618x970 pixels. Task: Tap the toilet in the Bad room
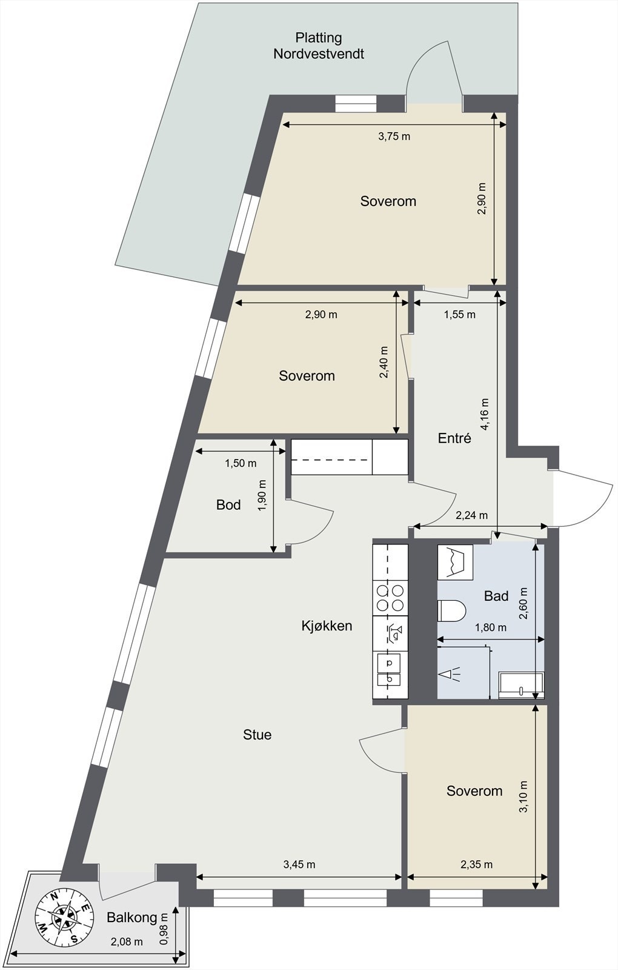pos(451,610)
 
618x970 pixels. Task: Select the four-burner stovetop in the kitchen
pos(390,597)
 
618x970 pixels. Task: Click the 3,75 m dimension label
pos(394,136)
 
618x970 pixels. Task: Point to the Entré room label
pos(454,438)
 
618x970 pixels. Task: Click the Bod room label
pos(228,505)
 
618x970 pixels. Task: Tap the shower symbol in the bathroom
pos(450,674)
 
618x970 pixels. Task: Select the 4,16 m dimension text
pos(485,414)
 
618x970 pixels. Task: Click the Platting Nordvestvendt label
pos(319,45)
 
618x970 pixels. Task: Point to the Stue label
pos(257,735)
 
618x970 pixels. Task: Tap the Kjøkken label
pos(327,626)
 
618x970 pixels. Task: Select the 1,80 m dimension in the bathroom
pos(491,627)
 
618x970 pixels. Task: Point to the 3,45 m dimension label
pos(299,865)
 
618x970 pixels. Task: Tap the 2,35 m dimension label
pos(477,865)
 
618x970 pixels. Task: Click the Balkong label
pos(132,917)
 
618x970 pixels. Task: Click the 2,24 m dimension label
pos(471,516)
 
